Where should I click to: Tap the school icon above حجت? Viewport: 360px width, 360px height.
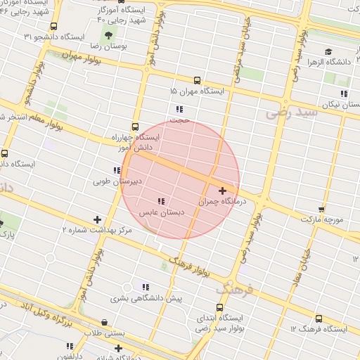180,109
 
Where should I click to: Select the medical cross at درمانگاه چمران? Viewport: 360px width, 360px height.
223,191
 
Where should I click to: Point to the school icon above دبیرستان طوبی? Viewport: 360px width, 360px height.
117,171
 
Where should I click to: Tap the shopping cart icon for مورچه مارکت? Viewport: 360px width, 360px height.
321,209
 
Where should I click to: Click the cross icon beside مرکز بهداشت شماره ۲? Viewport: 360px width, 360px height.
97,219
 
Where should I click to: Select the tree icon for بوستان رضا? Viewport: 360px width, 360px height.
108,35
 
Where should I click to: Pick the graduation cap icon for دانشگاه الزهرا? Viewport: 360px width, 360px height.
328,51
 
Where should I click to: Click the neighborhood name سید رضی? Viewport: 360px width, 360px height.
288,111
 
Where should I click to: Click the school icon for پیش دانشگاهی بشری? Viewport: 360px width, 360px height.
146,287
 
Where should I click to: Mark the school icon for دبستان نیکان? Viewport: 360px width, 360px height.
344,94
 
